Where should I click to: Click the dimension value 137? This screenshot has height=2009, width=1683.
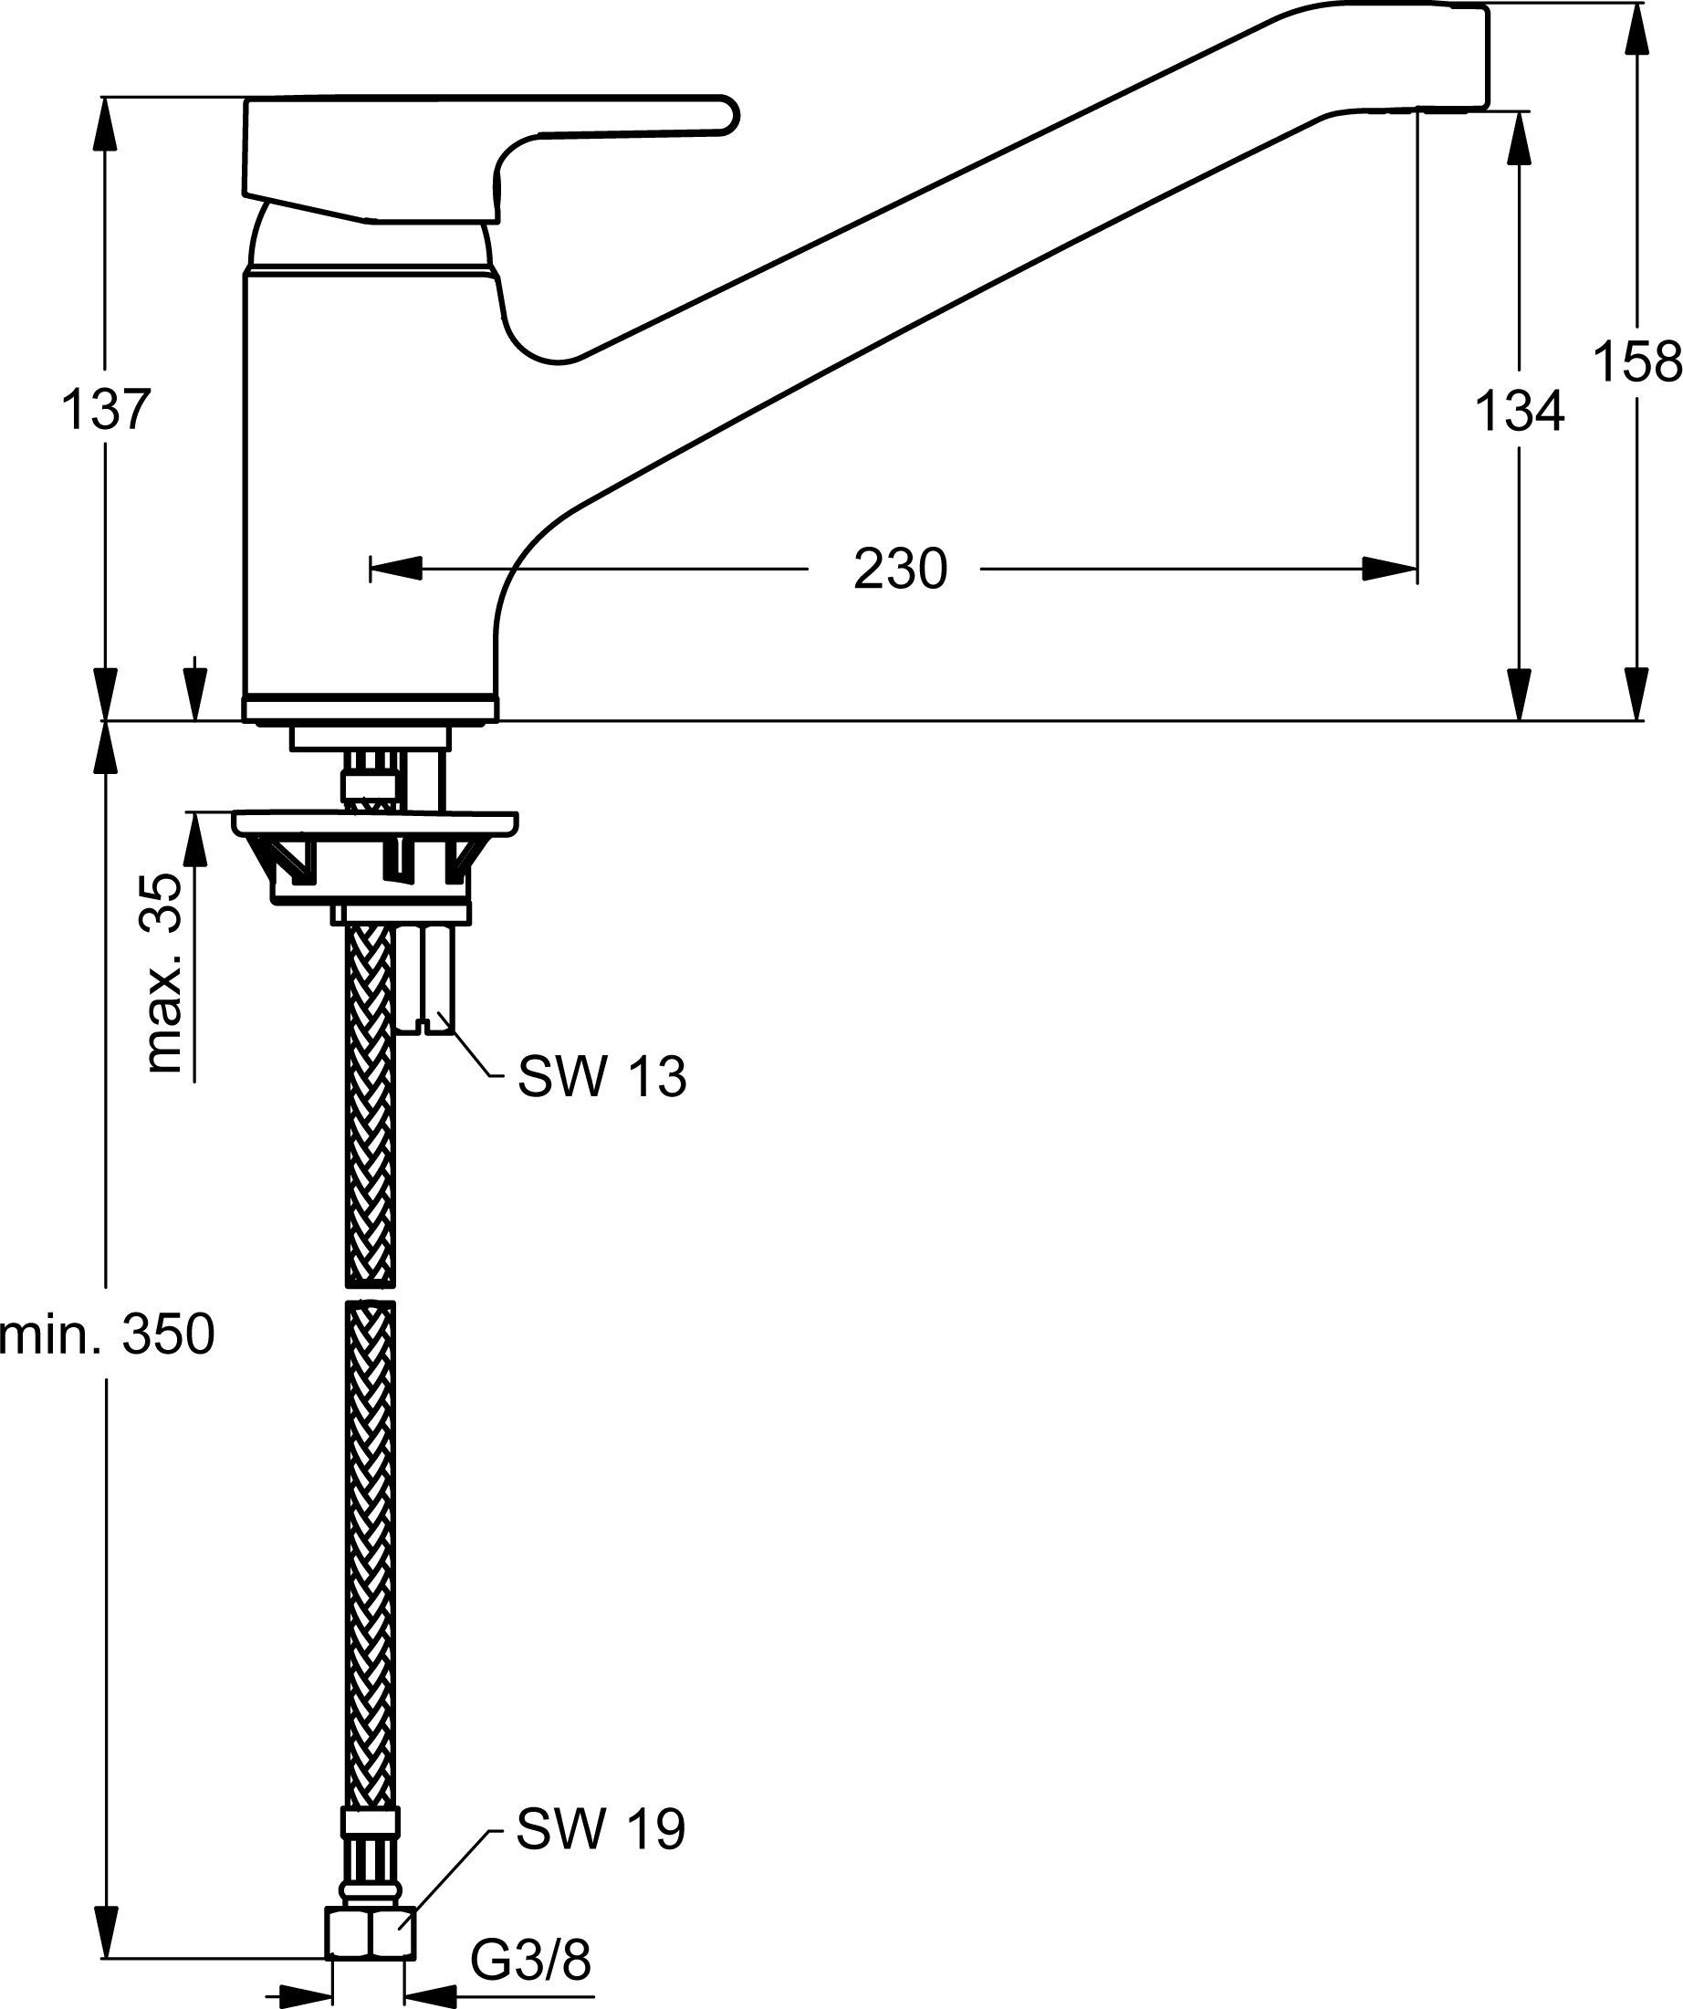(106, 411)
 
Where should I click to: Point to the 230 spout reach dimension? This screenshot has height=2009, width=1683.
(899, 570)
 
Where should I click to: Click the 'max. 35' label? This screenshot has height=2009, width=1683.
(164, 973)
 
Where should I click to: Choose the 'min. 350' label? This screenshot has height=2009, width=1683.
(106, 1335)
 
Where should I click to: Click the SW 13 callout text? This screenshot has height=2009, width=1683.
(601, 1078)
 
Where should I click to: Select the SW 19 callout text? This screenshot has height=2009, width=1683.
(601, 1830)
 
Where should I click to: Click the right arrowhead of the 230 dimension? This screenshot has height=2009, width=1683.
(1391, 570)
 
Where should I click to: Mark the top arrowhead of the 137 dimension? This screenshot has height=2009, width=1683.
(106, 124)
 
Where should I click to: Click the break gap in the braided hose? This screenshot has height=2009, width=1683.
(370, 1292)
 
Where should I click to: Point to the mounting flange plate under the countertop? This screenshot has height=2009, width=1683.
(375, 822)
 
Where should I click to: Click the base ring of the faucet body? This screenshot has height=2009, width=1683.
(370, 709)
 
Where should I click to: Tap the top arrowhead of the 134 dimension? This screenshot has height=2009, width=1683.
(1520, 138)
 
